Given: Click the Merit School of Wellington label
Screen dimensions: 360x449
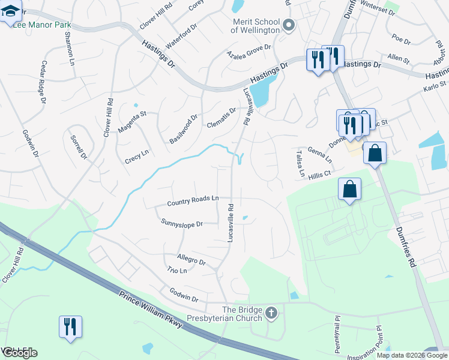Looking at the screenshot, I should pyautogui.click(x=256, y=26).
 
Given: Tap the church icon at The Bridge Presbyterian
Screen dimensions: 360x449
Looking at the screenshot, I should pyautogui.click(x=271, y=313).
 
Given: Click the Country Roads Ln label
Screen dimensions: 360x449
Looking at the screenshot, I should pyautogui.click(x=193, y=200).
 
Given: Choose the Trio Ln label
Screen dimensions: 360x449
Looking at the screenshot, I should pyautogui.click(x=177, y=271).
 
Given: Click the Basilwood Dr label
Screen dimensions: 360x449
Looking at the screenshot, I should pyautogui.click(x=183, y=128).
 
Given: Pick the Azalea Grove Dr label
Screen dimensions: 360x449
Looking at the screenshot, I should pyautogui.click(x=249, y=53).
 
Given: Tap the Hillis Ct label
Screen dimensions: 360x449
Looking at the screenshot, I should pyautogui.click(x=320, y=174).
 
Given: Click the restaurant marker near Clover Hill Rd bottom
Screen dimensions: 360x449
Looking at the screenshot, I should pyautogui.click(x=70, y=327).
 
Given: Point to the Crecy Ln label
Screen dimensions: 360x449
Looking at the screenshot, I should pyautogui.click(x=136, y=157).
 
